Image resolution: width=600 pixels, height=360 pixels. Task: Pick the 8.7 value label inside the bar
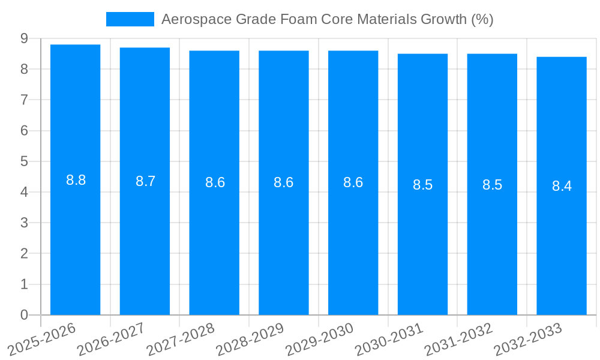145,181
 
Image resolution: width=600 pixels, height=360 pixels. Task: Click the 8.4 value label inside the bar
562,186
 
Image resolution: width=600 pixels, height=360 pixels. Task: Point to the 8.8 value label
76,180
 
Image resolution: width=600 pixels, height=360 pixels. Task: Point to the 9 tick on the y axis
24,38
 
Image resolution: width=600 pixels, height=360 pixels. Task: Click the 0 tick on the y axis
24,315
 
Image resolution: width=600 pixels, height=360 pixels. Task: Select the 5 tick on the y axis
24,161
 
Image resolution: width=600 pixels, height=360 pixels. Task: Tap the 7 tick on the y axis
24,100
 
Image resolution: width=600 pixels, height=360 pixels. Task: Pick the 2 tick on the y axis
24,254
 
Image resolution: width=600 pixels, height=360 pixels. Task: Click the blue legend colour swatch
130,19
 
